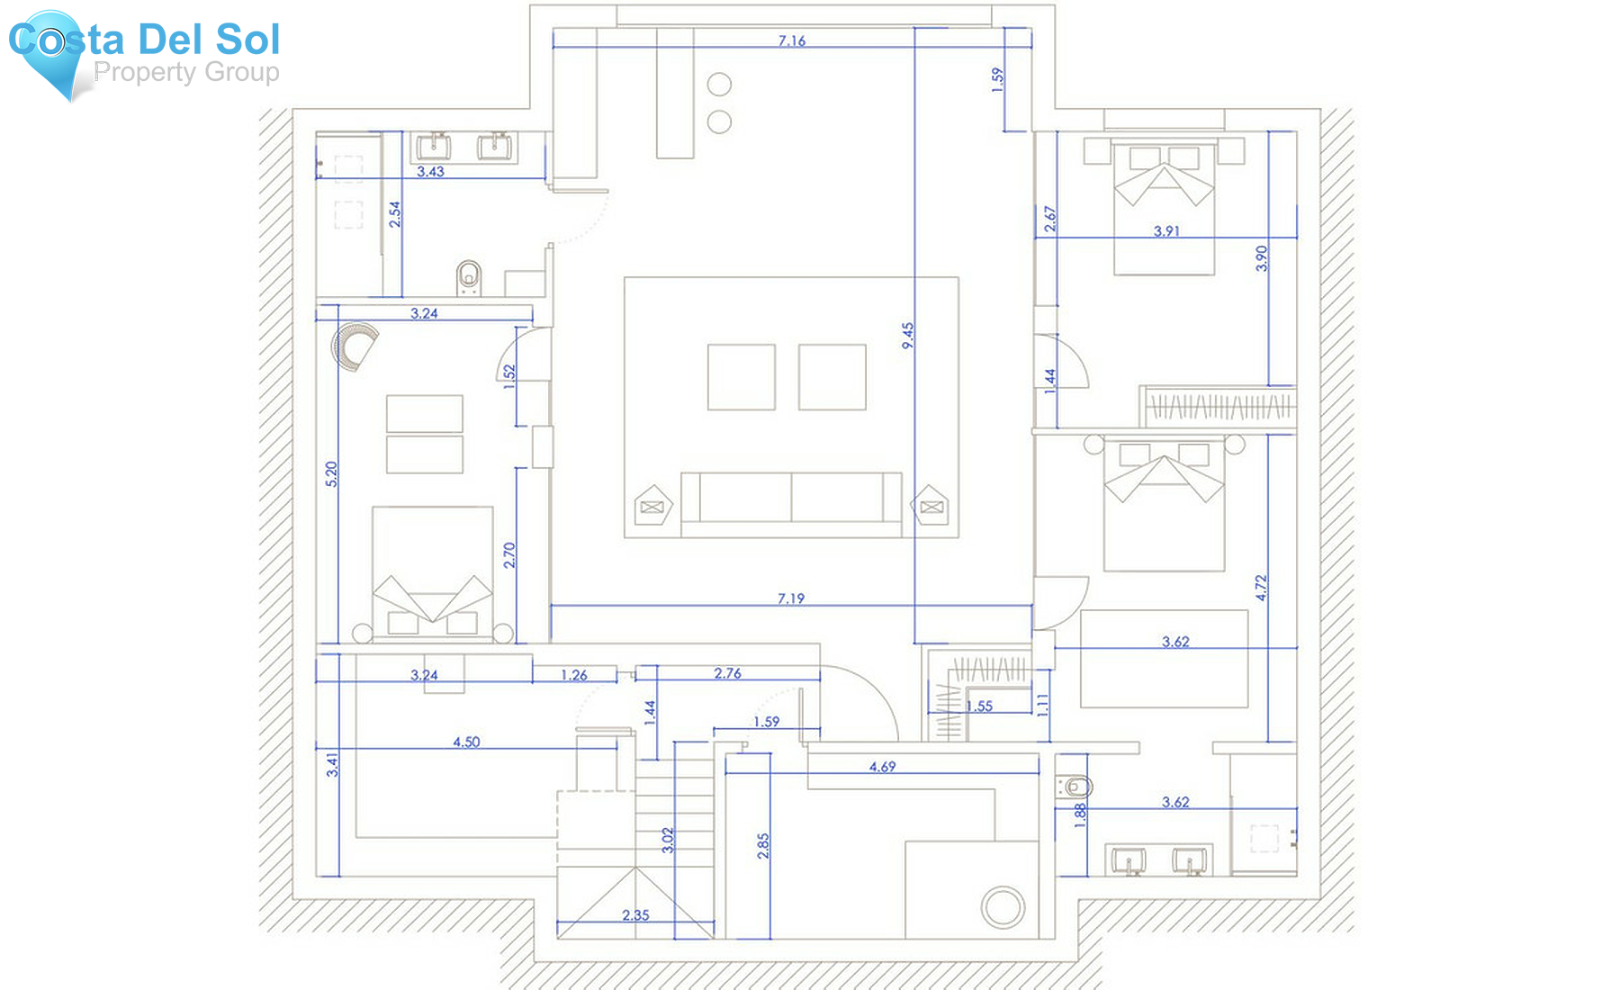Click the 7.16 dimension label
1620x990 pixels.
point(792,40)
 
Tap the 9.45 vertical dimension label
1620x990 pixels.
point(908,336)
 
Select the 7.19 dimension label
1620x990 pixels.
point(791,598)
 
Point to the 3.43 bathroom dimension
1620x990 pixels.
point(430,171)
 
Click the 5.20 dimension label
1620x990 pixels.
point(331,474)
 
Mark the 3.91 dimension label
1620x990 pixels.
point(1166,231)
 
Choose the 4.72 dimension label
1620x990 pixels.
point(1261,589)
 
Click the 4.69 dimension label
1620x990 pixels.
point(882,767)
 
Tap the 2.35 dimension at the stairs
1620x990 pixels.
point(635,915)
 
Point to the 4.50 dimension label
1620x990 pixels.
point(466,742)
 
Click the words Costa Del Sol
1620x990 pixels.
point(144,40)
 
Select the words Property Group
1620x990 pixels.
point(186,72)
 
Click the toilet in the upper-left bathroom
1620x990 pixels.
point(469,277)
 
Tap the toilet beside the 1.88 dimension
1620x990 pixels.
point(1074,787)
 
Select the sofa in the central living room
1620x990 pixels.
point(791,497)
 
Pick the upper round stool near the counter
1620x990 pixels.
point(719,85)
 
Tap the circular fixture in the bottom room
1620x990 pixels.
point(1003,907)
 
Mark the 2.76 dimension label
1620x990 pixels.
point(727,673)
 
